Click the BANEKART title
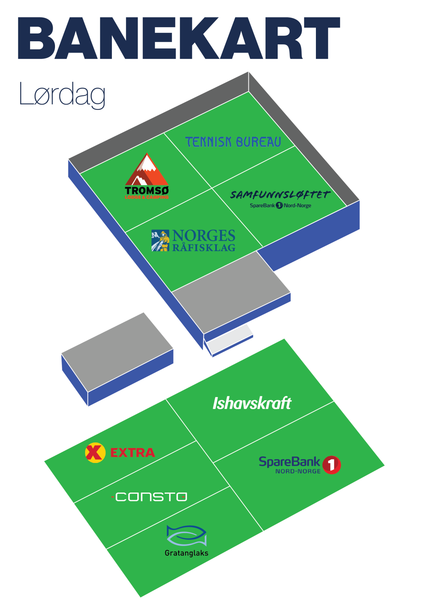(x=179, y=38)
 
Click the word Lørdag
(x=62, y=94)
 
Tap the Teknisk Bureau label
(x=233, y=142)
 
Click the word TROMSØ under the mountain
(x=147, y=191)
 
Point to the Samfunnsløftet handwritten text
(x=280, y=194)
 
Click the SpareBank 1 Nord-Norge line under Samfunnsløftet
(x=280, y=205)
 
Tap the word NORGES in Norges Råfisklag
(x=204, y=236)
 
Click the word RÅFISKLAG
(x=204, y=247)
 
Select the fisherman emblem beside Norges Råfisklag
(x=160, y=240)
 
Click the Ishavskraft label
(x=252, y=403)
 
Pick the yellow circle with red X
(x=95, y=452)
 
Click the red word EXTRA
(x=133, y=452)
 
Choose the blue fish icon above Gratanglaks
(x=186, y=535)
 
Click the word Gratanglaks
(x=186, y=553)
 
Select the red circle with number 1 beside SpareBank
(x=331, y=465)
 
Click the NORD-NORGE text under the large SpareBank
(x=298, y=471)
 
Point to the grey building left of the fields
(x=117, y=351)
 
